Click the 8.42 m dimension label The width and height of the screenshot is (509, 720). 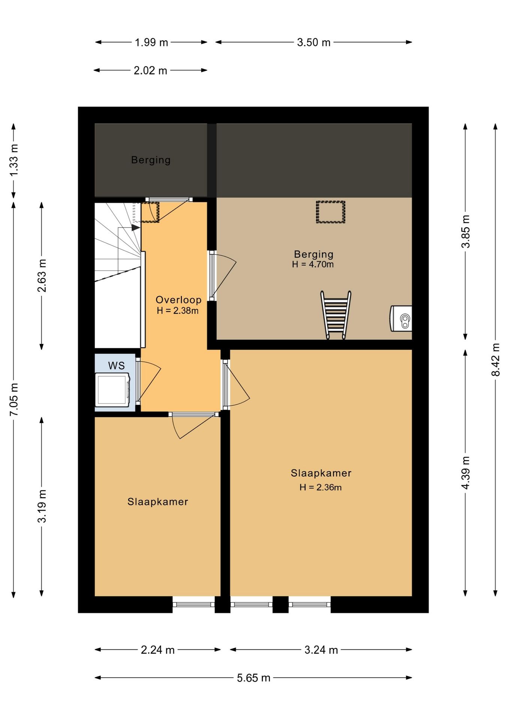coord(496,359)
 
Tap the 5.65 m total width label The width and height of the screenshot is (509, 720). coord(253,678)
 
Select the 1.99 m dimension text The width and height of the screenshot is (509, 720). coord(151,42)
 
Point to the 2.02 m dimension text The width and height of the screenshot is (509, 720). coord(150,70)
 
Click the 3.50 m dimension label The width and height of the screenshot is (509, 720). coord(314,42)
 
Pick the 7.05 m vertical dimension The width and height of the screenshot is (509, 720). coord(13,399)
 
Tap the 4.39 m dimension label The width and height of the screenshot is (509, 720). coord(465,472)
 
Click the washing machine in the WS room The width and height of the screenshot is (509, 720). coord(112,390)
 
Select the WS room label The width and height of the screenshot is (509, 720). coord(116,366)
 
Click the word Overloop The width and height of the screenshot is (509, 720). coord(178,300)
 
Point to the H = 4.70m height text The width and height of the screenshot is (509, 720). coord(313,264)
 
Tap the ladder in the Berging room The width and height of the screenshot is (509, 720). coord(336,315)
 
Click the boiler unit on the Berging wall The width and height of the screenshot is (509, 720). coord(401,318)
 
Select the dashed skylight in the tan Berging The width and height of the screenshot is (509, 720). coord(330,212)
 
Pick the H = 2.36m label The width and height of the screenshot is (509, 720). coord(320,487)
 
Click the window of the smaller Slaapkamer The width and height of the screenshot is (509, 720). coord(193,604)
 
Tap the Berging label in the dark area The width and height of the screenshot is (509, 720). coord(151,160)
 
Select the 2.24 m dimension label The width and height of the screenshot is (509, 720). coord(157,649)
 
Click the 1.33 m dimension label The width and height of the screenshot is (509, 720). coord(13,160)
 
